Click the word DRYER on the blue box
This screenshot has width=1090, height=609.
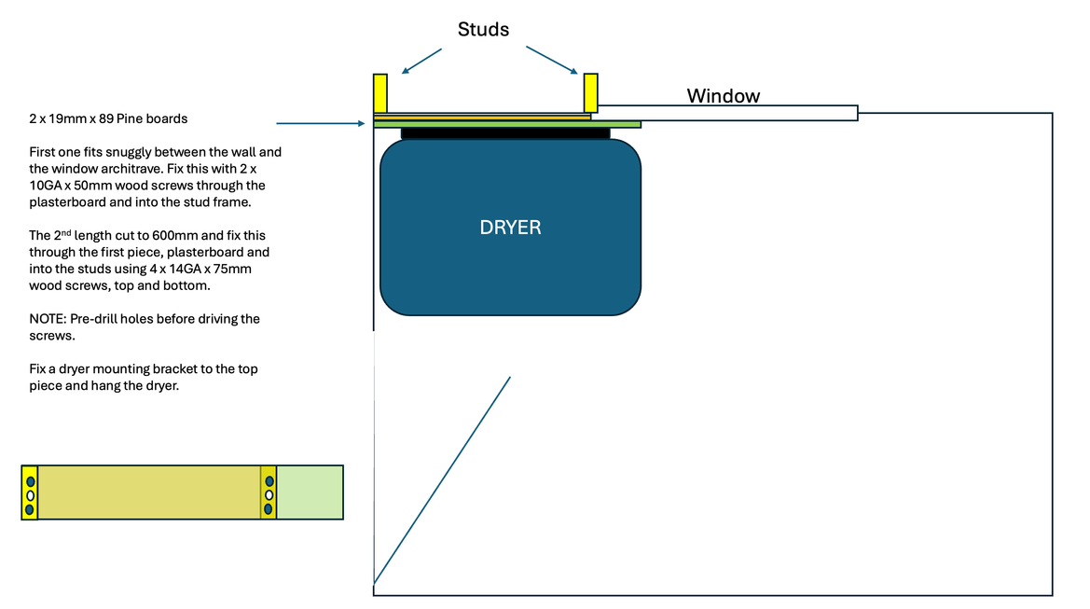point(510,228)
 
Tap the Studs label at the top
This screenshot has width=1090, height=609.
point(483,30)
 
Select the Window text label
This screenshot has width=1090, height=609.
point(723,95)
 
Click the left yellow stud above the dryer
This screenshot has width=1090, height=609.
point(380,93)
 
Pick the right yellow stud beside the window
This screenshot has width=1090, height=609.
point(590,93)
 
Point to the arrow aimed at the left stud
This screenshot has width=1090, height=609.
point(421,61)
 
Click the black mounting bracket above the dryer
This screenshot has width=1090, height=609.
point(505,133)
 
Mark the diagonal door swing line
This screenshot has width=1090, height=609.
point(442,480)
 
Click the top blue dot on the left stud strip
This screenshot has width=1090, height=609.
point(30,480)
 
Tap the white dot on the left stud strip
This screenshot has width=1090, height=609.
point(30,495)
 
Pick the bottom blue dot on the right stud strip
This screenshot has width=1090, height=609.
point(269,509)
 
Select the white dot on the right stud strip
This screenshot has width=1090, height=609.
point(269,495)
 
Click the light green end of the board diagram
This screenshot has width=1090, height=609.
point(310,491)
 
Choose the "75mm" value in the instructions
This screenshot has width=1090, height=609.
point(234,270)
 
